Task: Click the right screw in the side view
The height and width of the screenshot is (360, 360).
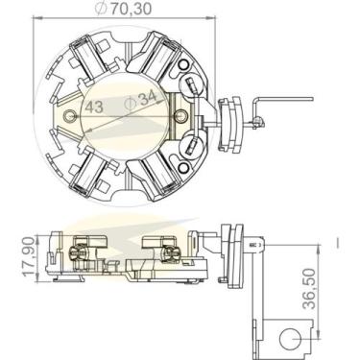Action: (173, 252)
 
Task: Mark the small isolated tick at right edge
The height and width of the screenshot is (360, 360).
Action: (338, 240)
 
